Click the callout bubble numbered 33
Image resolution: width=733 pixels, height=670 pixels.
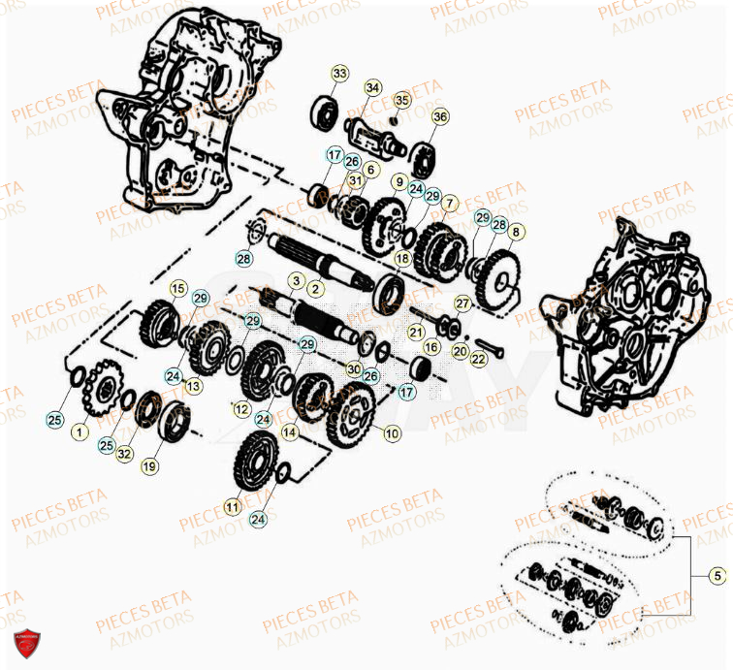pyautogui.click(x=338, y=74)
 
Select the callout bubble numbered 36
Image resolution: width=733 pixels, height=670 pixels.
pyautogui.click(x=440, y=117)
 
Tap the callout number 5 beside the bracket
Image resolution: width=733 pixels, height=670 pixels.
pyautogui.click(x=717, y=576)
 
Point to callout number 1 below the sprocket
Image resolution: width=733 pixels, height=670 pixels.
pyautogui.click(x=79, y=430)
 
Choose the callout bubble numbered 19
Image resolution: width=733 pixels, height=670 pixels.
pyautogui.click(x=148, y=466)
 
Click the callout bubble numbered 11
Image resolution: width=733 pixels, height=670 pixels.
pyautogui.click(x=231, y=506)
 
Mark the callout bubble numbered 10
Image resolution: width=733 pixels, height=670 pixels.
pyautogui.click(x=392, y=434)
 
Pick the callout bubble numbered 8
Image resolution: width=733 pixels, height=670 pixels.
pyautogui.click(x=515, y=232)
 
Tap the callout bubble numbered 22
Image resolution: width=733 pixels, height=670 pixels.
pyautogui.click(x=478, y=359)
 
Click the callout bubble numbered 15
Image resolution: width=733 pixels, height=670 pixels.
pyautogui.click(x=177, y=288)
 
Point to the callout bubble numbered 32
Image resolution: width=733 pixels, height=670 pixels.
pyautogui.click(x=123, y=453)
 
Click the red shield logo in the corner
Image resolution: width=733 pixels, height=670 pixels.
pyautogui.click(x=26, y=643)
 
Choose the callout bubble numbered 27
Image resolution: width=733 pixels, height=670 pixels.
pyautogui.click(x=462, y=303)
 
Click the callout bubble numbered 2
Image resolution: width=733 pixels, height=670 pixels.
pyautogui.click(x=315, y=288)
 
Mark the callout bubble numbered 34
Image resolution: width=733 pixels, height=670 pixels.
pyautogui.click(x=373, y=88)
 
